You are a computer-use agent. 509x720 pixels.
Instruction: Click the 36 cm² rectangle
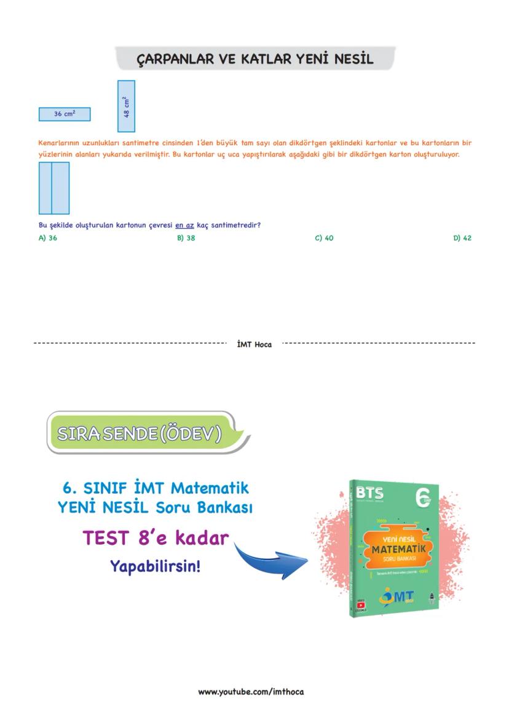(65, 114)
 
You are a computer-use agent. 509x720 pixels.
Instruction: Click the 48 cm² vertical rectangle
(127, 106)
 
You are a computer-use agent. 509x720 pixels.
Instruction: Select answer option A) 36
(48, 238)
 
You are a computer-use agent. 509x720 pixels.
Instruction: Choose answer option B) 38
(186, 238)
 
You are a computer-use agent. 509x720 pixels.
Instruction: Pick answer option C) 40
(324, 238)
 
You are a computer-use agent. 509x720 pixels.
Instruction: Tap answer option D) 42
(462, 238)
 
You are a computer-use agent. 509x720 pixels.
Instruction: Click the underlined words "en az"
(184, 226)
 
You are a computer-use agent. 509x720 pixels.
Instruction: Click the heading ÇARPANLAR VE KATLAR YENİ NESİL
(254, 60)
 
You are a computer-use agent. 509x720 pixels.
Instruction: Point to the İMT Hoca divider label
(254, 344)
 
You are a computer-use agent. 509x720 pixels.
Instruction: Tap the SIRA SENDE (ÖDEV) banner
(140, 433)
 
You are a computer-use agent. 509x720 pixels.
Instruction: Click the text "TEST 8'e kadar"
(156, 538)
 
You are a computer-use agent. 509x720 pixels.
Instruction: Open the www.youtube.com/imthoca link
(251, 692)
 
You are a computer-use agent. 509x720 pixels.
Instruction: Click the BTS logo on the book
(369, 494)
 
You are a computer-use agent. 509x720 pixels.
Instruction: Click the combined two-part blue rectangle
(53, 188)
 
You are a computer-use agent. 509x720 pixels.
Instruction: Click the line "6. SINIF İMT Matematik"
(156, 488)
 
